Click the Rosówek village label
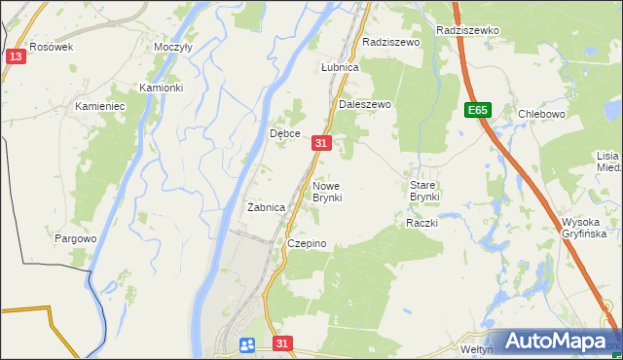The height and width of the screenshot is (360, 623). [52, 47]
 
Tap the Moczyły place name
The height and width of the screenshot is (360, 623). [173, 47]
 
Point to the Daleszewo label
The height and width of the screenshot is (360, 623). [364, 104]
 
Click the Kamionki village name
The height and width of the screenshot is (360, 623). [161, 88]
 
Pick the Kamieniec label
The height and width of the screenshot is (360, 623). [101, 105]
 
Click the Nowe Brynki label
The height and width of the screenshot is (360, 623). [327, 192]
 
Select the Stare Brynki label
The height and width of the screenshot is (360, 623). [424, 191]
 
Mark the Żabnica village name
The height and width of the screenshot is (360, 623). [266, 207]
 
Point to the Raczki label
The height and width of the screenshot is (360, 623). [422, 223]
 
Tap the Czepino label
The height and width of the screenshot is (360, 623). [306, 243]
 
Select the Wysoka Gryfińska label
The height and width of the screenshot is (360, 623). [584, 228]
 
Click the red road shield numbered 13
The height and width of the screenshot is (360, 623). [15, 56]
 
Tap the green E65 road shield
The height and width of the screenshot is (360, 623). [477, 110]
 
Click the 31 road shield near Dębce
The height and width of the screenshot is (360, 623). [322, 143]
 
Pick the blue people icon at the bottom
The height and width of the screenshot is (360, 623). [247, 344]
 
